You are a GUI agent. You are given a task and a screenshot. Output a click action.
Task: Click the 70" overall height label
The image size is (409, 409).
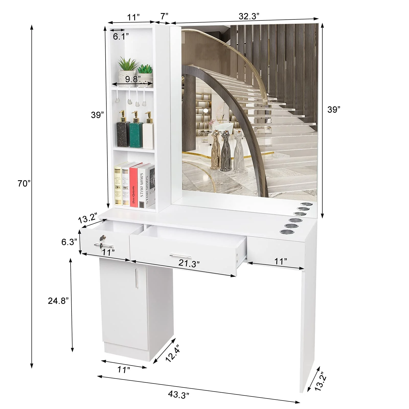[x=24, y=183]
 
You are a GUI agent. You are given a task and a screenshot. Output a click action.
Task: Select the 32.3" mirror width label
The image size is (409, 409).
[x=249, y=16]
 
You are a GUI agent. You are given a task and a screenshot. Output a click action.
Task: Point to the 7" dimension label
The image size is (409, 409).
[x=164, y=16]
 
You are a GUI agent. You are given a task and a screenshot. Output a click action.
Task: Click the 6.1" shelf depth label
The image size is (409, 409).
[x=121, y=37]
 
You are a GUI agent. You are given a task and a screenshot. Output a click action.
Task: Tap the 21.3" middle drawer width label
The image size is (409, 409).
[x=189, y=264]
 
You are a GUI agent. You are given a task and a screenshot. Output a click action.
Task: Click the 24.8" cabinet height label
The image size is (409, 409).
[x=58, y=301]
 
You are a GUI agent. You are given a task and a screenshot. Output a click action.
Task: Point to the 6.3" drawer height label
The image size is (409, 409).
[x=69, y=242]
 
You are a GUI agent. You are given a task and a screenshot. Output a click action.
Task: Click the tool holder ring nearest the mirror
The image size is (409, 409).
[x=305, y=204]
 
